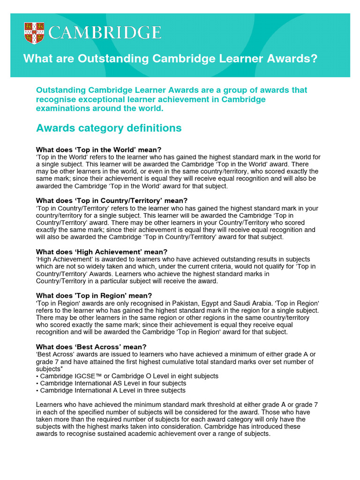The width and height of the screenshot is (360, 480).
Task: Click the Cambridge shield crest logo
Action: click(x=34, y=33)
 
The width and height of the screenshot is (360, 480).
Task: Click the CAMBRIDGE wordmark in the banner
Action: click(x=105, y=33)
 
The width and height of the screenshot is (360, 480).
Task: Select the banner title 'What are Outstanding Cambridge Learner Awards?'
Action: click(x=170, y=59)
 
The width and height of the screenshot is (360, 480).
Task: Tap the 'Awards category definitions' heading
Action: click(x=109, y=128)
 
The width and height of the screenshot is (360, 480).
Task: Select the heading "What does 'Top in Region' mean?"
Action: click(x=94, y=295)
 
